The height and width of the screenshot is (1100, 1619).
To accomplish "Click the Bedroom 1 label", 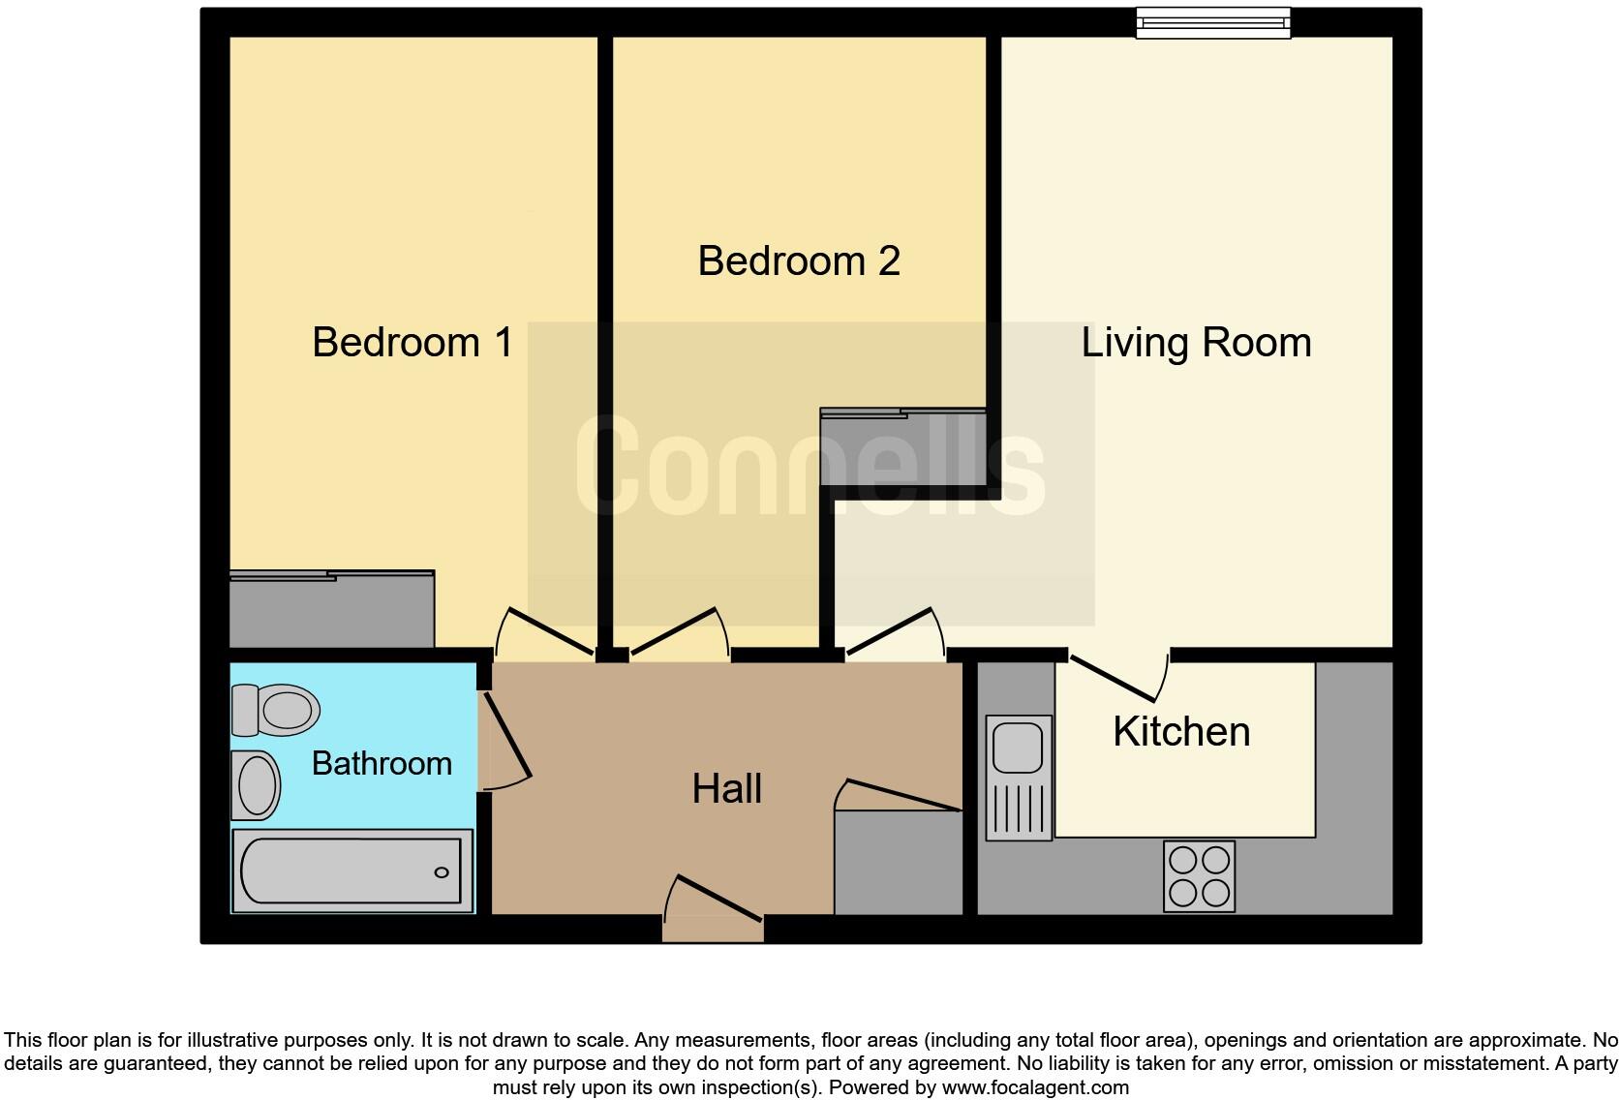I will (x=412, y=343).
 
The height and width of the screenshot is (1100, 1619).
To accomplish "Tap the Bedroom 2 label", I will (x=799, y=261).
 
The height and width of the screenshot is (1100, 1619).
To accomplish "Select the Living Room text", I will (x=1196, y=343).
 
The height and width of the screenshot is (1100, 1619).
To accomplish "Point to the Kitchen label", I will (x=1181, y=732).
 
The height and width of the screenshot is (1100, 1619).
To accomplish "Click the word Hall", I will (x=726, y=789).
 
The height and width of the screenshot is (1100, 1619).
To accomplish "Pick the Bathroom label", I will (x=382, y=764).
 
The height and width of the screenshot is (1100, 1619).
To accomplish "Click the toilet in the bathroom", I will (x=276, y=710).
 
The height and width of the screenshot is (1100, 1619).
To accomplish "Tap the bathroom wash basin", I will (x=256, y=784).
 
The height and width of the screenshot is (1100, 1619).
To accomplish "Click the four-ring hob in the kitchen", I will (x=1199, y=876).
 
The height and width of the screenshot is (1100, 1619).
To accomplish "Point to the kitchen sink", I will (x=1019, y=778).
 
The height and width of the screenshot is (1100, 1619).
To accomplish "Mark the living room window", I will (x=1212, y=21).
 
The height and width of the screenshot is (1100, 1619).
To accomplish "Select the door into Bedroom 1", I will (x=547, y=633).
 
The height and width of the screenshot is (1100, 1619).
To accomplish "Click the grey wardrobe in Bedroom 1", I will (x=331, y=610).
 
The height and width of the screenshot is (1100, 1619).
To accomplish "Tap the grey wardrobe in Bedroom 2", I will (x=902, y=447).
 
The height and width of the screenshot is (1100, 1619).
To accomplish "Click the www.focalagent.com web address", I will (x=1035, y=1087).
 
